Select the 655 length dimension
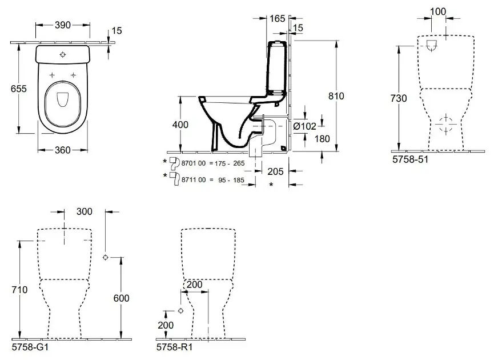[20, 89]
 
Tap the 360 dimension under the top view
[63, 150]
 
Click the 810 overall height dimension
[337, 97]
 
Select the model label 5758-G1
[27, 346]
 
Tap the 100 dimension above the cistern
[438, 12]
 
